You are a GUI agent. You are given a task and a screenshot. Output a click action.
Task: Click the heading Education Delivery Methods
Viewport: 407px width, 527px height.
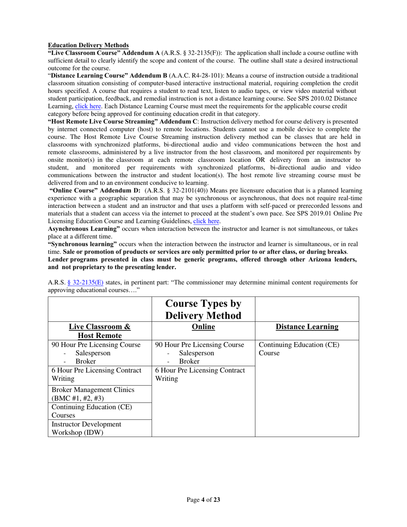88,45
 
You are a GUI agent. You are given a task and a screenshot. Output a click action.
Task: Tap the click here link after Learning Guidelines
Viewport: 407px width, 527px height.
206,221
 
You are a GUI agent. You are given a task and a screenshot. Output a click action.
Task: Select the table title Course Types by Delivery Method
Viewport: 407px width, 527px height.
203,309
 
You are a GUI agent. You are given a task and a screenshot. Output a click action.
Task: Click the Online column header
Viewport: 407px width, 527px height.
203,327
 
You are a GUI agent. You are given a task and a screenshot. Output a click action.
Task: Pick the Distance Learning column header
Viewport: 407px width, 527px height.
307,327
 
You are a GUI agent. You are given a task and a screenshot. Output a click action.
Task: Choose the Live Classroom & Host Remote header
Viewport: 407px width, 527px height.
99,331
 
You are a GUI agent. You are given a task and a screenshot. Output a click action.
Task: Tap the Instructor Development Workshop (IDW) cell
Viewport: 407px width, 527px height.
86,428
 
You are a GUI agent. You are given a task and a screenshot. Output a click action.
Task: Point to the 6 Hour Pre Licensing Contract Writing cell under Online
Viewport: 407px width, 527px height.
200,374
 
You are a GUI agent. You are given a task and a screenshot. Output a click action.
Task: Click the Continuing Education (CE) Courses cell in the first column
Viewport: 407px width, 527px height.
92,411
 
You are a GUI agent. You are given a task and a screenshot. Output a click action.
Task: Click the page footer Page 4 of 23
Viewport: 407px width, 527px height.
203,500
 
